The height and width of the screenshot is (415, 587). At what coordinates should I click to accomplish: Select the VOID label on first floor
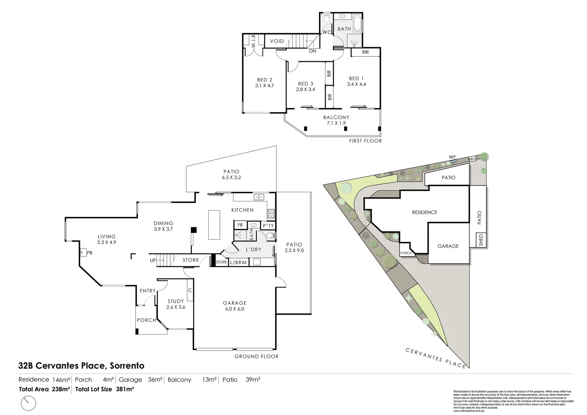[x=277, y=41]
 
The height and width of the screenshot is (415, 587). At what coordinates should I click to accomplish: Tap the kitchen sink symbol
[x=258, y=197]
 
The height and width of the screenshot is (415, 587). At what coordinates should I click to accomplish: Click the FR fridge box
[x=240, y=225]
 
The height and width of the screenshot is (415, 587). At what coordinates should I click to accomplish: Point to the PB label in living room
[x=90, y=253]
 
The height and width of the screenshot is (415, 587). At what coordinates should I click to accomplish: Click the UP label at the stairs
[x=153, y=261]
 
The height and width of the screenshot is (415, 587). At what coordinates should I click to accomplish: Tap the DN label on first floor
[x=313, y=51]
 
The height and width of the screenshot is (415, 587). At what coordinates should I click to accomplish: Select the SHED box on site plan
[x=481, y=241]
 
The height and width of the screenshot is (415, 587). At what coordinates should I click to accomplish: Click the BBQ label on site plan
[x=472, y=159]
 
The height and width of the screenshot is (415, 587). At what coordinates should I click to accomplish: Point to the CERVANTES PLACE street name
[x=436, y=358]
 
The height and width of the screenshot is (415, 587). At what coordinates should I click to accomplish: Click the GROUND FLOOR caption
[x=256, y=356]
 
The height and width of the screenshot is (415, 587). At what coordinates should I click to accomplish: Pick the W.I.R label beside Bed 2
[x=253, y=41]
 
